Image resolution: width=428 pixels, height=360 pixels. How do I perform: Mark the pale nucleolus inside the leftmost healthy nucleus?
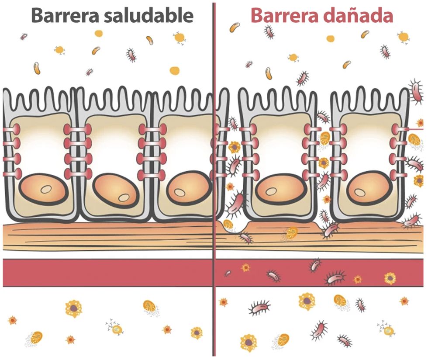click(x=46, y=189)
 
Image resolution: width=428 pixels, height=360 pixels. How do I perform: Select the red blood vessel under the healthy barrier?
click(x=107, y=273)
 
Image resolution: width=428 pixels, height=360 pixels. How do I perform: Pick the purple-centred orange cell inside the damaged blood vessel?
click(x=390, y=278)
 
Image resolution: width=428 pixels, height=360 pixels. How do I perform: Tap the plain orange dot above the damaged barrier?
click(x=331, y=38)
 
